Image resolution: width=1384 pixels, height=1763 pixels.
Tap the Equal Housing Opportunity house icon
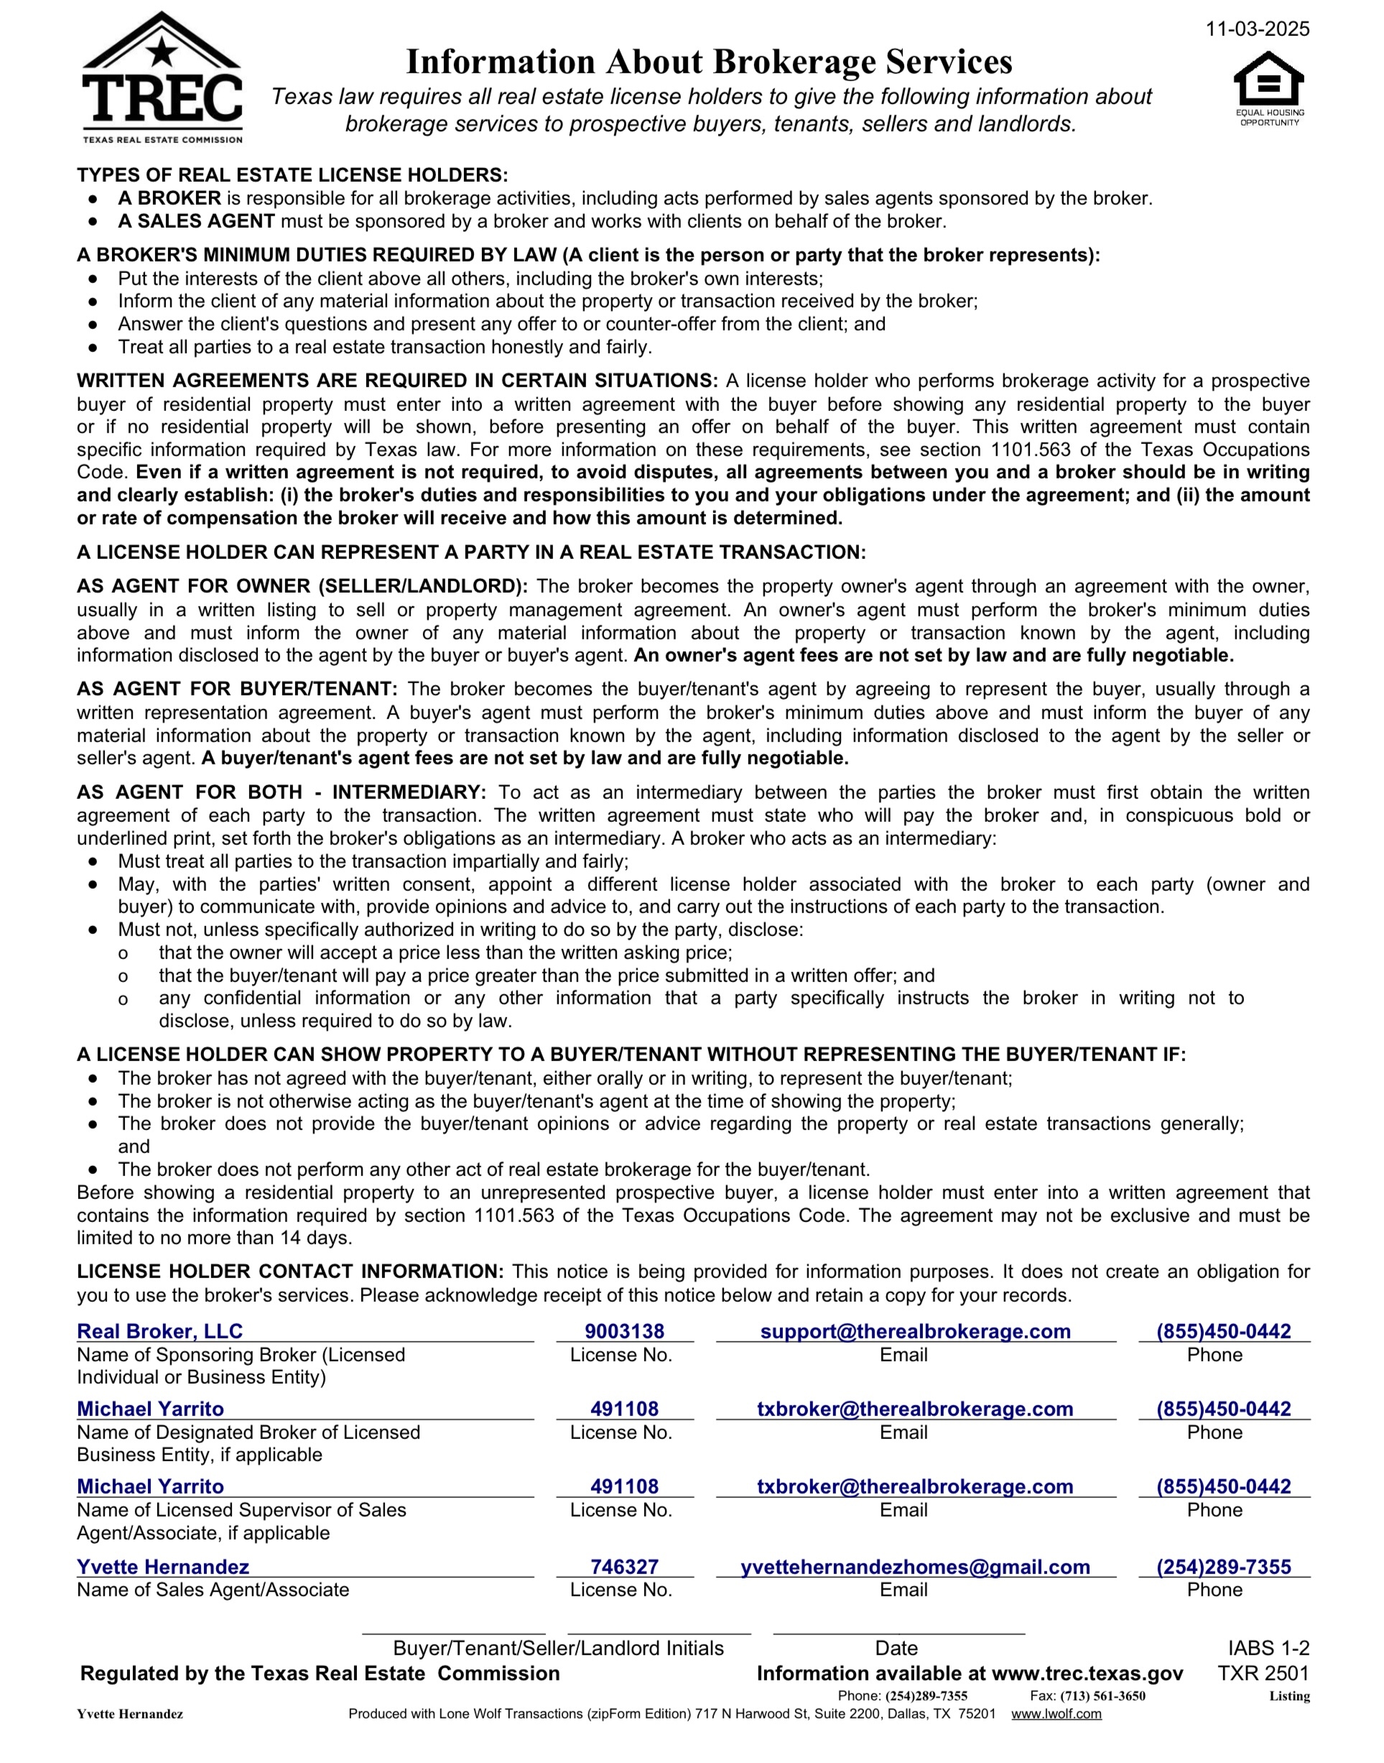[x=1269, y=81]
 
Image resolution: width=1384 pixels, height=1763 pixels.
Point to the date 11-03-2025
[x=1257, y=29]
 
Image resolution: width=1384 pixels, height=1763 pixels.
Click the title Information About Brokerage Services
[x=709, y=63]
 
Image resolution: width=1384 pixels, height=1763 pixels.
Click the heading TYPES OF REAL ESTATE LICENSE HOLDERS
[x=292, y=175]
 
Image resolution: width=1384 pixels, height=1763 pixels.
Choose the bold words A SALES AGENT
[x=197, y=221]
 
